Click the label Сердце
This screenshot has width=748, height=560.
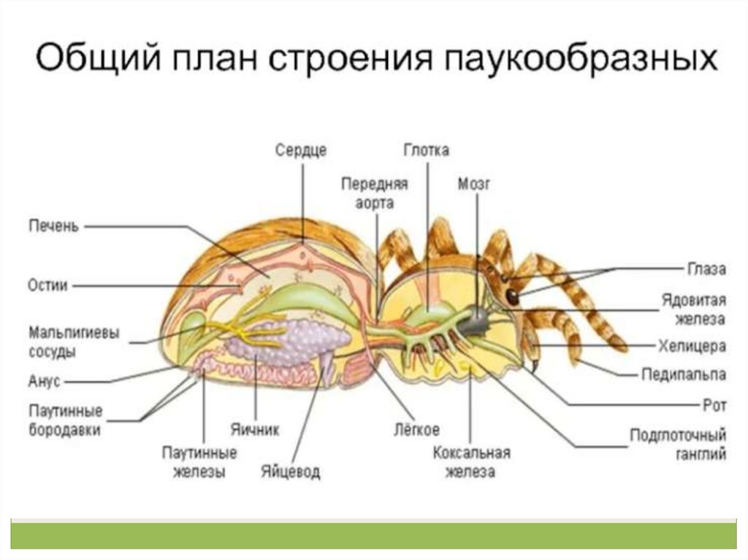[x=301, y=150]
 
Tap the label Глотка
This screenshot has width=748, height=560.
[x=426, y=150]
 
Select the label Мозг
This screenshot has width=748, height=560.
[x=473, y=183]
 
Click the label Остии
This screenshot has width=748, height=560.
[x=48, y=285]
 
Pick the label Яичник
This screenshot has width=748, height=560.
[x=254, y=429]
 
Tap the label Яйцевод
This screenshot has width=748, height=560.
[x=290, y=472]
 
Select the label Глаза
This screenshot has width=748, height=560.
[x=706, y=269]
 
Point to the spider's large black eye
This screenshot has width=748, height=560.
[x=513, y=297]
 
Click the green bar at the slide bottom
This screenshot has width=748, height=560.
[x=374, y=535]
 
